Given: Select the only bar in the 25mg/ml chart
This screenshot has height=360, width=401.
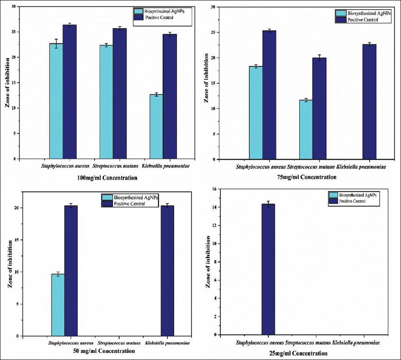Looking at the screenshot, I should (x=268, y=269).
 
